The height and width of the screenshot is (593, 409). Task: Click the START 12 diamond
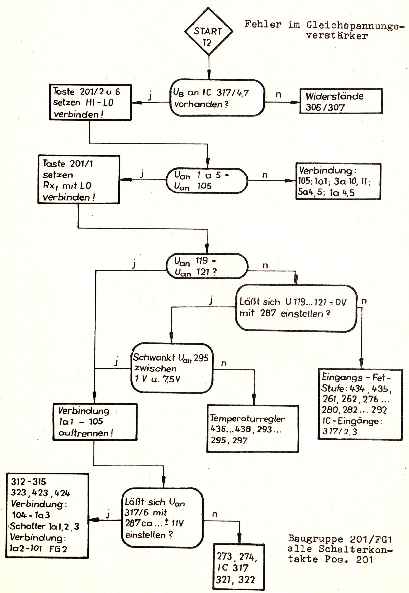pos(209,31)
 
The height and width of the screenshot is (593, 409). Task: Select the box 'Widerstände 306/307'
pos(341,101)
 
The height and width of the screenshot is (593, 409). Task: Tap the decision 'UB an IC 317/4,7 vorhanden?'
pos(217,98)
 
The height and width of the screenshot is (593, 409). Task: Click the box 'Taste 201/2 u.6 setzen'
pos(90,102)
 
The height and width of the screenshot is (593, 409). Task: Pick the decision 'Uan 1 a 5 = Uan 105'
pos(207,180)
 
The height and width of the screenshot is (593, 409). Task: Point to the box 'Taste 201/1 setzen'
pos(79,180)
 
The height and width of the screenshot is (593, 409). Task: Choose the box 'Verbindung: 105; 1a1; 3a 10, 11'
pos(338,181)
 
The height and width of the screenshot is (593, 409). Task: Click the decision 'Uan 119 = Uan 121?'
pos(207,266)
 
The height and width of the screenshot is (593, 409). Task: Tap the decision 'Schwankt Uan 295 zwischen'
pos(172,368)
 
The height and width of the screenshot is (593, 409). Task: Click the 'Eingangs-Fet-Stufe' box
pos(360,404)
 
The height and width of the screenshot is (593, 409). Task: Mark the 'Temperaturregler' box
pos(252,429)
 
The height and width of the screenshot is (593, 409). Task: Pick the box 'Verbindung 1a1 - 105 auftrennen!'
pos(95,422)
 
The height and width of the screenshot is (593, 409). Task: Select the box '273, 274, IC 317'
pos(238,567)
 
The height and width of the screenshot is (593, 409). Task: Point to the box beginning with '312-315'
pos(47,515)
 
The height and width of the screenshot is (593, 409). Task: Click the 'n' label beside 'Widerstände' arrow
pos(278,95)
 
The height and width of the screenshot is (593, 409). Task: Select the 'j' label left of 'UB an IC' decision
pos(150,96)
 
